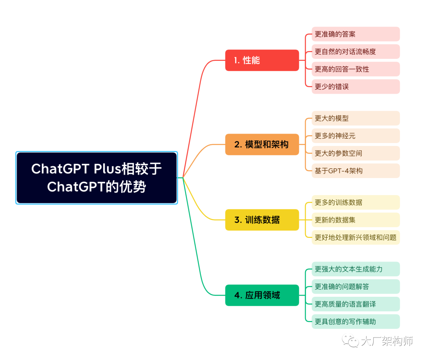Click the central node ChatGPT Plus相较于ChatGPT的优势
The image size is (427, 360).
[x=96, y=178]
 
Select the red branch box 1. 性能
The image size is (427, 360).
[x=262, y=60]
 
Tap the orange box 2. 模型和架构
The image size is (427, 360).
[x=262, y=144]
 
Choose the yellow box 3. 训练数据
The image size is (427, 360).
[x=262, y=220]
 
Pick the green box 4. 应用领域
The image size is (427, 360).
[x=262, y=295]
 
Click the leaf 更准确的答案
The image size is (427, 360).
[x=355, y=34]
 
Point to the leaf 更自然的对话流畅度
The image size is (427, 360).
[x=355, y=51]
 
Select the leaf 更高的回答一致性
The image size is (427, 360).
[x=355, y=69]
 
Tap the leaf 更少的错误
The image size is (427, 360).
[x=355, y=86]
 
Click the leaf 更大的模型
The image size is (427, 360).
[x=355, y=118]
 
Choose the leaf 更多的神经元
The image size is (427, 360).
[x=355, y=136]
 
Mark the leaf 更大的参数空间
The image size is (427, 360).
[x=355, y=153]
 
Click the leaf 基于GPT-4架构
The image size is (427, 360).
[x=355, y=170]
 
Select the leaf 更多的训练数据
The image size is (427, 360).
[x=355, y=202]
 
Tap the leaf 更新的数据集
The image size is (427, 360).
[x=355, y=220]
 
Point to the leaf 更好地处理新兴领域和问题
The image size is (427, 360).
[x=355, y=237]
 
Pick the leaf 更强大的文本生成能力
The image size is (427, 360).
[x=355, y=269]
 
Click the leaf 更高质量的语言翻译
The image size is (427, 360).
[x=355, y=304]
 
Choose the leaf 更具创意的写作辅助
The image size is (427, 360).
[x=355, y=321]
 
